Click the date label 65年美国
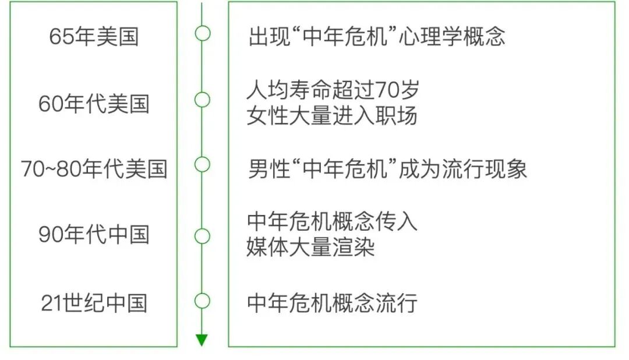coord(94,37)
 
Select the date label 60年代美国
coord(94,104)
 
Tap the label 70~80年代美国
coord(94,169)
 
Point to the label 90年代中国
coord(94,235)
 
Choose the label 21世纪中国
coord(94,303)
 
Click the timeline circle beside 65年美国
coord(202,33)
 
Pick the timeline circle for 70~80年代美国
coord(202,165)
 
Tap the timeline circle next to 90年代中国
coord(202,236)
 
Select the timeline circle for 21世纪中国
coord(202,301)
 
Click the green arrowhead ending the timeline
coord(202,340)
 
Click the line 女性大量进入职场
coord(332,116)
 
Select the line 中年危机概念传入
coord(332,222)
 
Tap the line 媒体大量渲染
coord(310,248)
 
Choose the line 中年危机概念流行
coord(332,303)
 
